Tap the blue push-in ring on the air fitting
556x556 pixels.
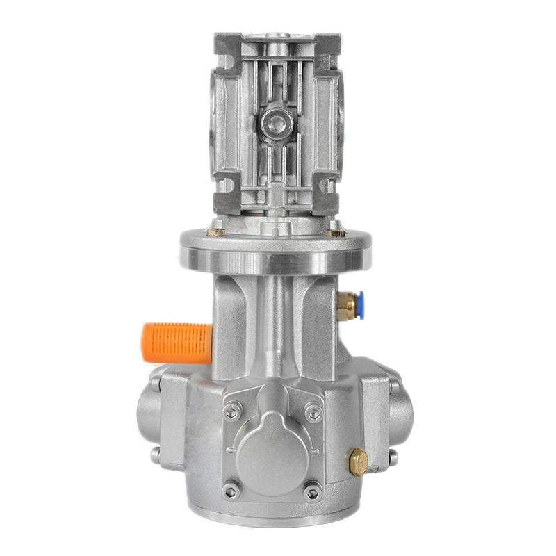click(x=360, y=303)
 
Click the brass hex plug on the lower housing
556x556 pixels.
click(x=359, y=461)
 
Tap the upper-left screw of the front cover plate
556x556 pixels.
click(x=232, y=411)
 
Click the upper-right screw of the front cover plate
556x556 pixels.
click(x=315, y=413)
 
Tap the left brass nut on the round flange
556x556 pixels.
click(x=216, y=230)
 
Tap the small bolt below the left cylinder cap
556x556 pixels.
click(x=154, y=456)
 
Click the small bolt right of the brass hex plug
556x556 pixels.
click(x=393, y=458)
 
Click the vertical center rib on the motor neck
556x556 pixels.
click(x=276, y=313)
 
